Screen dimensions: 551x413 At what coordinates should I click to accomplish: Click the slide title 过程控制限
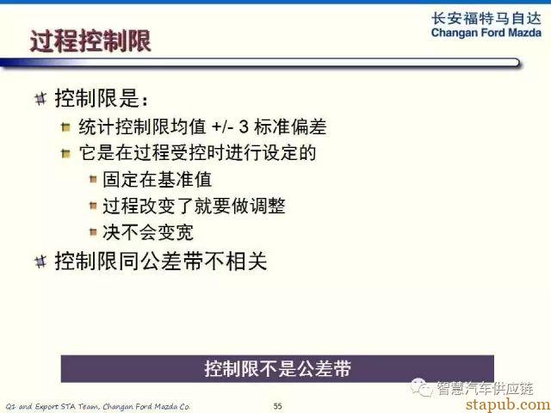90,41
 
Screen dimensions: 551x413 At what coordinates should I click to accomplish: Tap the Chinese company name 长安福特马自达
486,18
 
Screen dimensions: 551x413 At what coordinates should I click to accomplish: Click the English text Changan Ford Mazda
486,33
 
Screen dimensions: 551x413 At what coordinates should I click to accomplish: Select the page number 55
277,406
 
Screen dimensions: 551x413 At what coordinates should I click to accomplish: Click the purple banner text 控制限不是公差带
277,369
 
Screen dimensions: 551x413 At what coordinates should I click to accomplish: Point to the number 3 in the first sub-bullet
244,126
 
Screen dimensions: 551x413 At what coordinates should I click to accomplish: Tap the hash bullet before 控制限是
40,98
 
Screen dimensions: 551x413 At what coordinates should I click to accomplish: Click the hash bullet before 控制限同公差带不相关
40,262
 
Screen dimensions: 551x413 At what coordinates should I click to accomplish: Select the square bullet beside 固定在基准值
93,180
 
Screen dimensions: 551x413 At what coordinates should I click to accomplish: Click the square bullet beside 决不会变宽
93,231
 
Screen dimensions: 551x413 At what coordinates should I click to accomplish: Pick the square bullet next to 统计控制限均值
65,126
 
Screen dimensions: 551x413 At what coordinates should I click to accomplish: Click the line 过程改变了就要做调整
194,206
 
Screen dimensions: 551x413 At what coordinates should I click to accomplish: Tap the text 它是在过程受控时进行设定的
197,153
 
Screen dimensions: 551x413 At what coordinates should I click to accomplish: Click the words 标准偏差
290,126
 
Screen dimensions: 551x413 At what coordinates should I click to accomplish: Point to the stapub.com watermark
508,404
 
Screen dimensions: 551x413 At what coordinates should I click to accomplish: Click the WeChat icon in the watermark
422,387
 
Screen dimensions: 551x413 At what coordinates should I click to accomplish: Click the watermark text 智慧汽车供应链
485,388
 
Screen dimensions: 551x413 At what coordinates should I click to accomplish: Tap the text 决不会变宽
148,232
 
